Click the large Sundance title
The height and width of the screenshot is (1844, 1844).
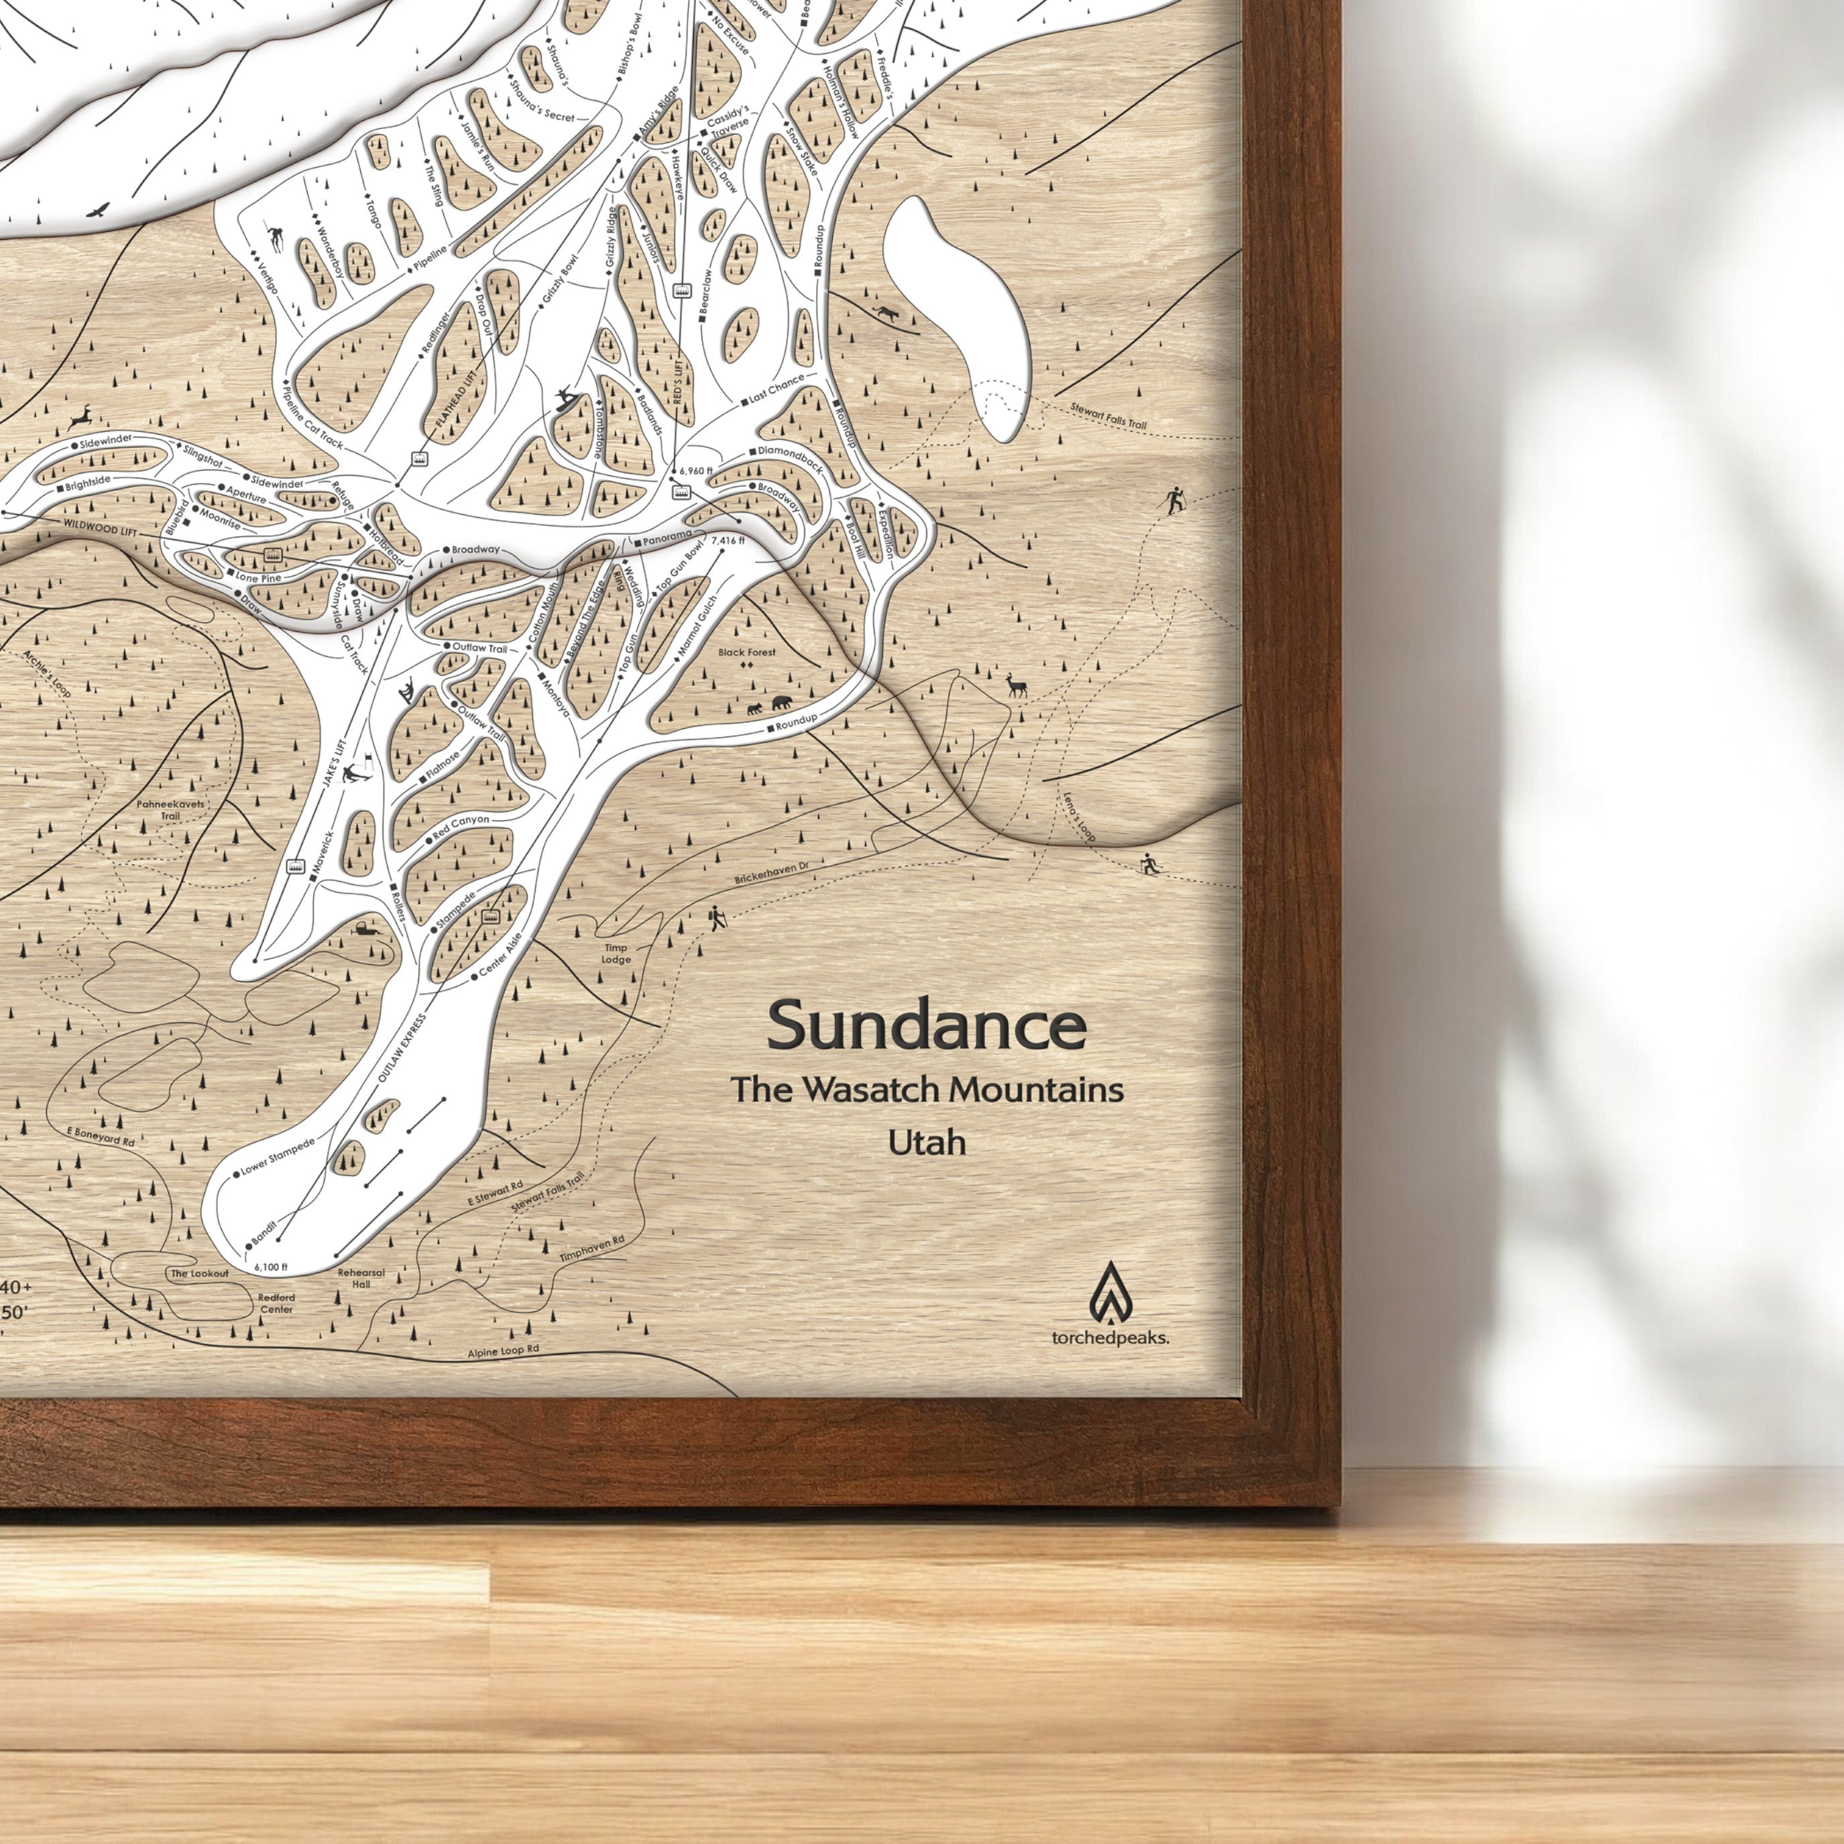click(x=926, y=1026)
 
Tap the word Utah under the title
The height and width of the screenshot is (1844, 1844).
click(x=926, y=1143)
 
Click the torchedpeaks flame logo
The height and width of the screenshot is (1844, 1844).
click(x=1109, y=1290)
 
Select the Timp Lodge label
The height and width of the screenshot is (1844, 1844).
click(x=616, y=954)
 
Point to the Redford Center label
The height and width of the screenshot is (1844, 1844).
click(x=276, y=1304)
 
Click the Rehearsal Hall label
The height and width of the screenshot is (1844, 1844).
click(x=361, y=1278)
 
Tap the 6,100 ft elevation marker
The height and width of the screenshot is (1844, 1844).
click(x=271, y=1267)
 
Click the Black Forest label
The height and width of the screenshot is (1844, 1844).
click(x=748, y=653)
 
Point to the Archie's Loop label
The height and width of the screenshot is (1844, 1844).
click(x=48, y=673)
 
